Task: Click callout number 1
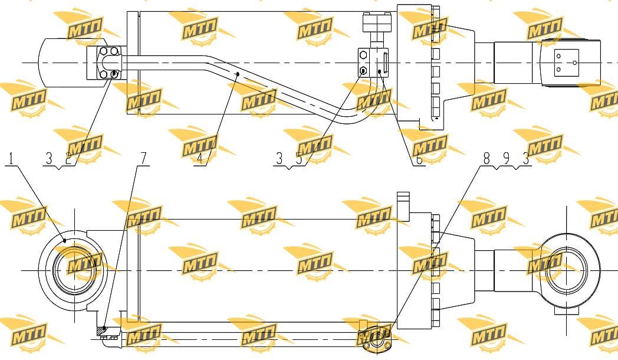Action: [11, 159]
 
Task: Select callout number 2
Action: [68, 159]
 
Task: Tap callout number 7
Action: [143, 159]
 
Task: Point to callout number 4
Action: [199, 159]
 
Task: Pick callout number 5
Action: [299, 159]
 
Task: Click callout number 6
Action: [419, 159]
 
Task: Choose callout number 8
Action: [486, 159]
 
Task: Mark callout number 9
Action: [507, 159]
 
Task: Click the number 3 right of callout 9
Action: [525, 159]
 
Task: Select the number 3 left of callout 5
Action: [280, 159]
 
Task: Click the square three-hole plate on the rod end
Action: [566, 63]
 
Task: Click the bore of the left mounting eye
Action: [74, 270]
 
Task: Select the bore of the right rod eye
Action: [567, 270]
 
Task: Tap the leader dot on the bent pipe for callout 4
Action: [238, 74]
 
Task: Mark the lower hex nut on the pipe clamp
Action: [363, 71]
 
